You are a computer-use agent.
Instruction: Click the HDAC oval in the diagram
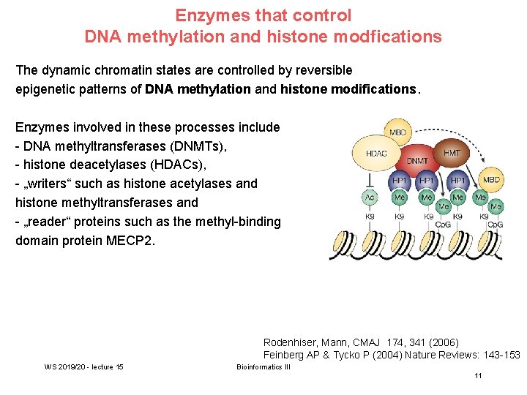tap(376, 154)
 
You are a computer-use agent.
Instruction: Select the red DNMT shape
tap(417, 159)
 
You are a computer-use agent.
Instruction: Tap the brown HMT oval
tap(452, 152)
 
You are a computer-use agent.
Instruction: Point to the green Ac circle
tap(370, 197)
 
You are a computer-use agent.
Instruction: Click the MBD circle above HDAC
tap(397, 132)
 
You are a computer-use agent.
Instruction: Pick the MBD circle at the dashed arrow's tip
tap(490, 178)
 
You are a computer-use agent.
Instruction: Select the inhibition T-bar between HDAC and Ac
tap(370, 179)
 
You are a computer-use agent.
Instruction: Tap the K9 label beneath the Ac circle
tap(370, 216)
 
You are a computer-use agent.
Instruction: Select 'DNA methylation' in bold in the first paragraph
tap(198, 89)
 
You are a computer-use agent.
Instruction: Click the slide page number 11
tap(478, 376)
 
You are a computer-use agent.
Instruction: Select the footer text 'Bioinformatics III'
tap(263, 366)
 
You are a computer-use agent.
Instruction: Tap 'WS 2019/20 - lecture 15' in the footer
tap(83, 366)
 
